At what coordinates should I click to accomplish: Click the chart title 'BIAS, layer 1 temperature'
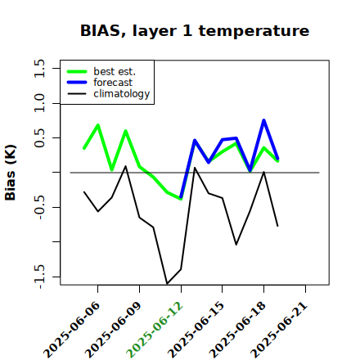pyautogui.click(x=195, y=31)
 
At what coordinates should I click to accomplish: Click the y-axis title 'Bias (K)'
pyautogui.click(x=11, y=173)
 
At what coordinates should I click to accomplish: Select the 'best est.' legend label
pyautogui.click(x=115, y=71)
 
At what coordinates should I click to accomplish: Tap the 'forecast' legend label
pyautogui.click(x=113, y=83)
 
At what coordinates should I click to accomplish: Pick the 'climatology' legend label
pyautogui.click(x=122, y=94)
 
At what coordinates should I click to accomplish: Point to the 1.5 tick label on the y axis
pyautogui.click(x=39, y=68)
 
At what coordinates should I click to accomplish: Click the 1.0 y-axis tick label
pyautogui.click(x=39, y=103)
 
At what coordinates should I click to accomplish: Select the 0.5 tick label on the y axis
pyautogui.click(x=39, y=137)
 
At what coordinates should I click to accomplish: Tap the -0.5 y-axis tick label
pyautogui.click(x=39, y=208)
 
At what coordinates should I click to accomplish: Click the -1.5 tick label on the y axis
pyautogui.click(x=39, y=277)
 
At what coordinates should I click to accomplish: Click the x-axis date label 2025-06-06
pyautogui.click(x=72, y=330)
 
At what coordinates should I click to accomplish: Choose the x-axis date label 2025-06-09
pyautogui.click(x=114, y=330)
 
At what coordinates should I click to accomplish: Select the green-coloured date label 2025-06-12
pyautogui.click(x=155, y=330)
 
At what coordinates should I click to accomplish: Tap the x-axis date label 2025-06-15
pyautogui.click(x=196, y=330)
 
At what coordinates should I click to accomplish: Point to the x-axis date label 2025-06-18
pyautogui.click(x=238, y=330)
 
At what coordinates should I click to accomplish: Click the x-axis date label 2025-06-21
pyautogui.click(x=280, y=330)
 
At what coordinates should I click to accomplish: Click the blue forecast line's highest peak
pyautogui.click(x=263, y=120)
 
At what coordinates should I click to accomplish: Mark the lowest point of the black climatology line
pyautogui.click(x=167, y=284)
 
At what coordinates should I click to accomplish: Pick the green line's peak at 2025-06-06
pyautogui.click(x=98, y=125)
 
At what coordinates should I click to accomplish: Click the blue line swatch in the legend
pyautogui.click(x=77, y=83)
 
